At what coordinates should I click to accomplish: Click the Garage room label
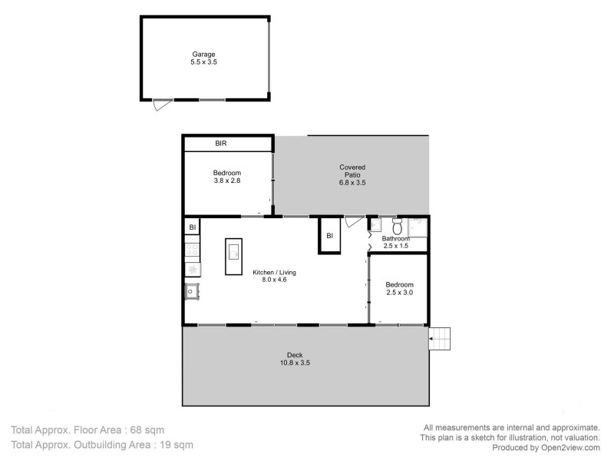(x=203, y=54)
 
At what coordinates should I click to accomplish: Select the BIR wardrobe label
(x=221, y=143)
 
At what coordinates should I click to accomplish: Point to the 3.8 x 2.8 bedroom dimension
(x=227, y=181)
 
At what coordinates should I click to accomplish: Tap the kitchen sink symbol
(x=191, y=292)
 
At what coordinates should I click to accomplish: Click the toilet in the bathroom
(x=398, y=227)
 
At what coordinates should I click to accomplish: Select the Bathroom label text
(x=396, y=238)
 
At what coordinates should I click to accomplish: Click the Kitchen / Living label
(x=275, y=273)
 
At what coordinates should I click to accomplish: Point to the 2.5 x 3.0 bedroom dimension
(x=399, y=292)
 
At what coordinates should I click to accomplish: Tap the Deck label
(x=295, y=354)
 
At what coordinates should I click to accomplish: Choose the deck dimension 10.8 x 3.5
(x=295, y=362)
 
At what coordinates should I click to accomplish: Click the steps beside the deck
(x=441, y=337)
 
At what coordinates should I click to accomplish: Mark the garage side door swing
(x=159, y=105)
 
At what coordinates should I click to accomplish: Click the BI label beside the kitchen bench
(x=192, y=227)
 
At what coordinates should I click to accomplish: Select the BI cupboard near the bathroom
(x=329, y=236)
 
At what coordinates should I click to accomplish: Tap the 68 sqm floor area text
(x=147, y=429)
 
